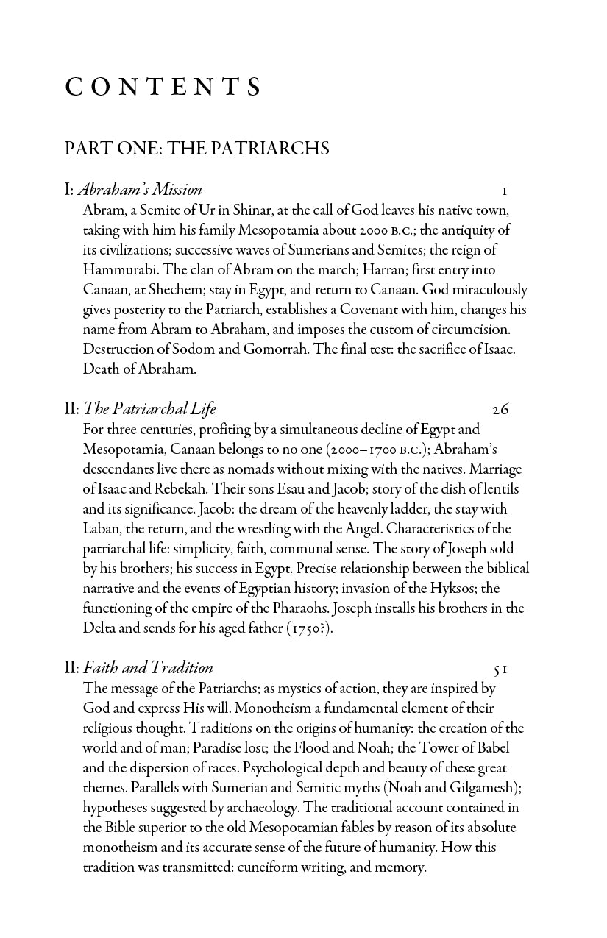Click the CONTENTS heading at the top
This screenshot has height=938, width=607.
click(x=163, y=88)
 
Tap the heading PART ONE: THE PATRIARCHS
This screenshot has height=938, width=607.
click(x=196, y=149)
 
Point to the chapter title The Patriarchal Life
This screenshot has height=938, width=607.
click(x=150, y=409)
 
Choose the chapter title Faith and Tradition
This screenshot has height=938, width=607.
click(x=148, y=668)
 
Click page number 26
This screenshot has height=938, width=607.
click(x=500, y=410)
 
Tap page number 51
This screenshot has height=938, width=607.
click(x=501, y=669)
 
